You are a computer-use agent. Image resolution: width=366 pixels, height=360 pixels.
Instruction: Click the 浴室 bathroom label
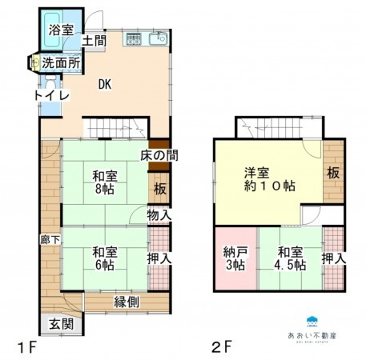pos(60,30)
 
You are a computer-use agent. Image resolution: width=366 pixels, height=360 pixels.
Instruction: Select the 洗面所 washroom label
pos(60,62)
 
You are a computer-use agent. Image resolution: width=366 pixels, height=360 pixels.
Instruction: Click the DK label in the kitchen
pos(106,84)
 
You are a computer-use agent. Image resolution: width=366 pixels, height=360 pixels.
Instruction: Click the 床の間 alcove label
pos(159,154)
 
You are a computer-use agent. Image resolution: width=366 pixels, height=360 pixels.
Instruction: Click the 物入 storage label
pos(159,214)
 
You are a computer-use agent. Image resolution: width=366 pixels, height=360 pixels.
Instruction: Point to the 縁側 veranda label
pos(127,302)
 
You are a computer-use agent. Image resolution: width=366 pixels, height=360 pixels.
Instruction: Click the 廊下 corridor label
pos(47,238)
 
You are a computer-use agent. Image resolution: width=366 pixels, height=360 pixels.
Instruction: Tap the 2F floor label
pos(222,346)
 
